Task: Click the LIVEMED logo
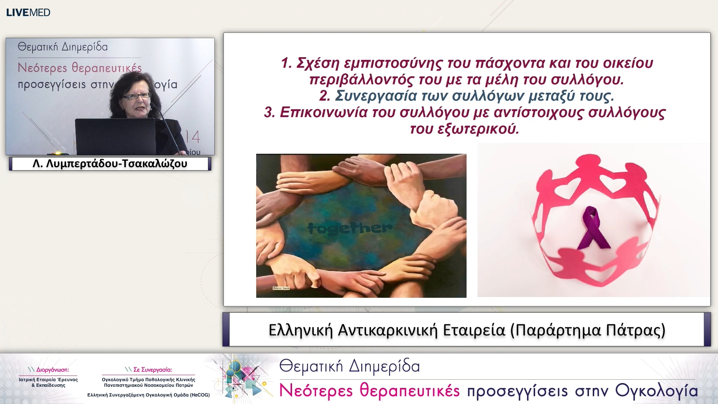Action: click(x=28, y=12)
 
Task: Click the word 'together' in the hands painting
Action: click(x=350, y=227)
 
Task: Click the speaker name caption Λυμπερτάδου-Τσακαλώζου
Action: click(x=110, y=164)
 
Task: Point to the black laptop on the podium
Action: click(x=115, y=136)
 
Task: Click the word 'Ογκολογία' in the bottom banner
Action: click(x=657, y=391)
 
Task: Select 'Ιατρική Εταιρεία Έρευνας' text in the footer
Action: click(x=48, y=380)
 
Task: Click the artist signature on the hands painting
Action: click(x=281, y=288)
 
